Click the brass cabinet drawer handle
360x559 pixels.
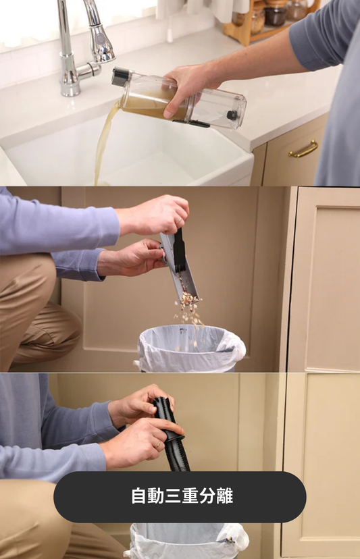point(303,149)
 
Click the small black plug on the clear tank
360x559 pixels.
point(232,115)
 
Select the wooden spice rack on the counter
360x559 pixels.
point(271,18)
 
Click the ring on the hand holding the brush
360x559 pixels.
point(178,221)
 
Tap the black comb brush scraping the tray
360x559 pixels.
point(178,250)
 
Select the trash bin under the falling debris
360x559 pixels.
point(191,348)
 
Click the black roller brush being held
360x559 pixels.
point(172,433)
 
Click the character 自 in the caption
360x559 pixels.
point(139,496)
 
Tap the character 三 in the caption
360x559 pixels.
point(173,496)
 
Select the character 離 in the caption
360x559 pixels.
point(225,496)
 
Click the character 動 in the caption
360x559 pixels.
point(156,496)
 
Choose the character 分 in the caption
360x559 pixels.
point(207,496)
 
